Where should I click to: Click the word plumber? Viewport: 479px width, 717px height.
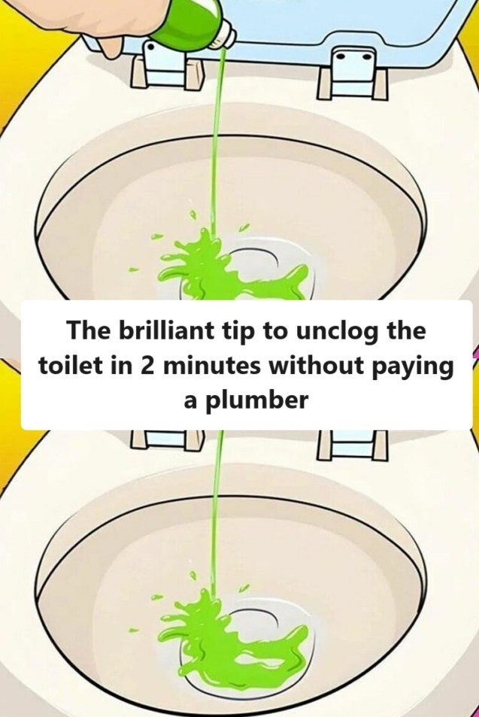[x=256, y=400]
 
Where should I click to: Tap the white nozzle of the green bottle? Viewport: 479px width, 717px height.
[x=225, y=37]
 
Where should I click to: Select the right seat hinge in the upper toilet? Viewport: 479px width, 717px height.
[x=351, y=75]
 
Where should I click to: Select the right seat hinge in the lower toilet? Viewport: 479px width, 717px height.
[x=353, y=445]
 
